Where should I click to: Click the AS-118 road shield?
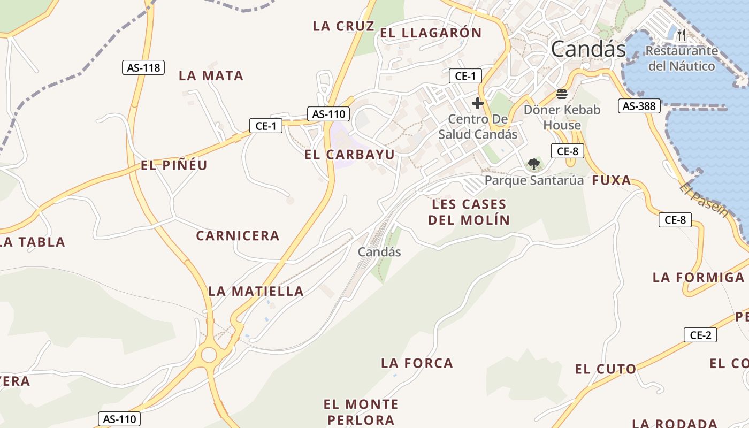[x=143, y=68]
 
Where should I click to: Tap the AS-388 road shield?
[x=639, y=106]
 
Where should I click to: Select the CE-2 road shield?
[x=700, y=335]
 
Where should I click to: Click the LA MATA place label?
[x=211, y=76]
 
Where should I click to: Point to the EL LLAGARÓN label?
[x=431, y=33]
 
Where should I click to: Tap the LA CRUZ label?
[x=343, y=26]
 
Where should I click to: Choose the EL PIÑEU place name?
[x=174, y=165]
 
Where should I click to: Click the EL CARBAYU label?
[x=350, y=155]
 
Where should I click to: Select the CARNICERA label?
[x=238, y=236]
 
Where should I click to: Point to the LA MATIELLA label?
[x=256, y=292]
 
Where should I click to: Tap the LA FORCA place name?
[x=417, y=364]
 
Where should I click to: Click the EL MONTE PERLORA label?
[x=361, y=412]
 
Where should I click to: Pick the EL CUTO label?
[x=606, y=369]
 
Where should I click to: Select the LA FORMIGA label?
[x=698, y=278]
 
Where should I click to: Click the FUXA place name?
[x=612, y=181]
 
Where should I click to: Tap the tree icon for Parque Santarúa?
[x=533, y=164]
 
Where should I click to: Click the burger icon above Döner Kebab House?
[x=562, y=95]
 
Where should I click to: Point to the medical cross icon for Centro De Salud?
[x=478, y=103]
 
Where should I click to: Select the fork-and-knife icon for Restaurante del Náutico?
[x=681, y=35]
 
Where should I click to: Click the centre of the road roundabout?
[x=209, y=354]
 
